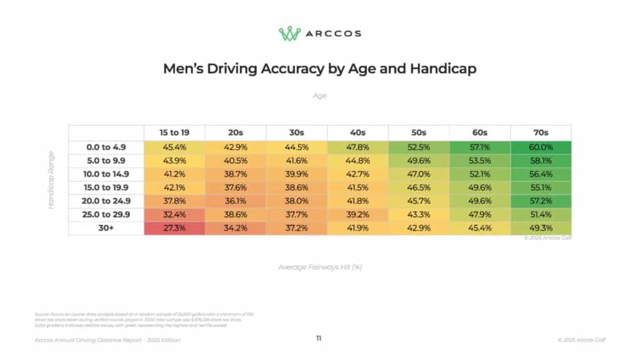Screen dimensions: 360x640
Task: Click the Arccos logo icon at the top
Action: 290,33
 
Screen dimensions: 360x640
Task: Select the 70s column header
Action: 541,132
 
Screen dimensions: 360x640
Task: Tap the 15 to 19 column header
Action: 174,132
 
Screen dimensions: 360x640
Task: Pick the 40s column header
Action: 357,132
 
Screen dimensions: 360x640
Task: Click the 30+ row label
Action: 106,228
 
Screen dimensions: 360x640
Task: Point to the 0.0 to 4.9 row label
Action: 106,147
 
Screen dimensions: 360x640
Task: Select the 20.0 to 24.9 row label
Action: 106,201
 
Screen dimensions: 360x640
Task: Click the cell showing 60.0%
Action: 541,147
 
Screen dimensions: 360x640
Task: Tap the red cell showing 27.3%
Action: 174,228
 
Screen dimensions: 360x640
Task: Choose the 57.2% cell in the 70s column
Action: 541,201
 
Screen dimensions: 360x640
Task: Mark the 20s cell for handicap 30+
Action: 236,228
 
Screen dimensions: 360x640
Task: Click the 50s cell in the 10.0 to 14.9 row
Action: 419,174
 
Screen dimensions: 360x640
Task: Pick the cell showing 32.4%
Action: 174,215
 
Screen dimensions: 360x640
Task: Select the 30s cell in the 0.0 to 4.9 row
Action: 297,147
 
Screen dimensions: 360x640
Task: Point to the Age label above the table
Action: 319,96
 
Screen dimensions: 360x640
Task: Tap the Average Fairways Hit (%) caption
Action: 320,267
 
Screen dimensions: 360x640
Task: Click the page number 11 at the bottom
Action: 319,338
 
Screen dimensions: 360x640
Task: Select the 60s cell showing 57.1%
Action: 480,147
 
